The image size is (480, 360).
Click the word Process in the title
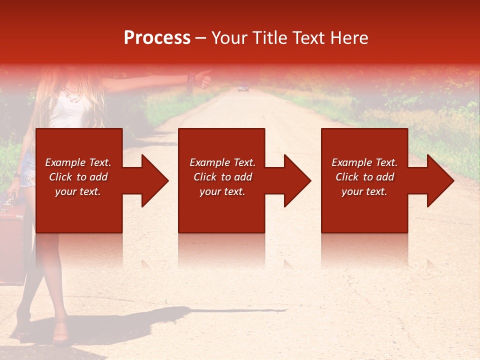click(x=157, y=37)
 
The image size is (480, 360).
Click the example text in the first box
click(x=78, y=177)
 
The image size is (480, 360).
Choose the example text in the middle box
click(x=222, y=177)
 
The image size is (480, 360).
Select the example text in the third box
click(x=364, y=177)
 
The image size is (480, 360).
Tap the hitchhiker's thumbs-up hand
click(x=204, y=78)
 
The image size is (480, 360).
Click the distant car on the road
click(x=243, y=88)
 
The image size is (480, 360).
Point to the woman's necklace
click(x=74, y=95)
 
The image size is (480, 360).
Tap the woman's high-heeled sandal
click(x=61, y=333)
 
